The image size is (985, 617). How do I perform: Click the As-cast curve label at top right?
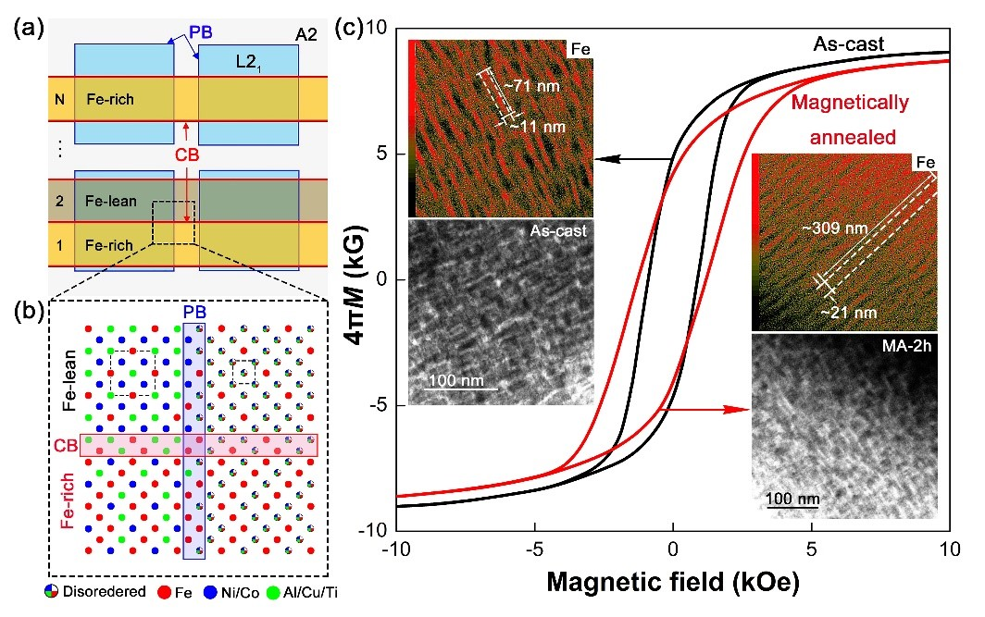[848, 43]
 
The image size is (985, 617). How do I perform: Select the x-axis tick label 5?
[811, 549]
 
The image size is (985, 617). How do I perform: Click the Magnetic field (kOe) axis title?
[674, 586]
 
